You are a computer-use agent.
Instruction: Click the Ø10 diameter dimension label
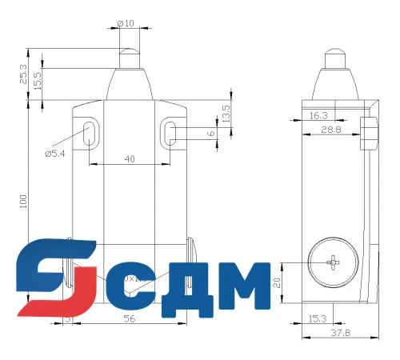[128, 23]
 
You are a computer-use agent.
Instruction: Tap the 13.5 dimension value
[226, 112]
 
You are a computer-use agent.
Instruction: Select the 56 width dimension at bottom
[128, 318]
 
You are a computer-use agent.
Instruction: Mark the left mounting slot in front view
[87, 131]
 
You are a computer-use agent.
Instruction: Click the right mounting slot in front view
[170, 132]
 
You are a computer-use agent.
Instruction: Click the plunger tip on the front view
[127, 58]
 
